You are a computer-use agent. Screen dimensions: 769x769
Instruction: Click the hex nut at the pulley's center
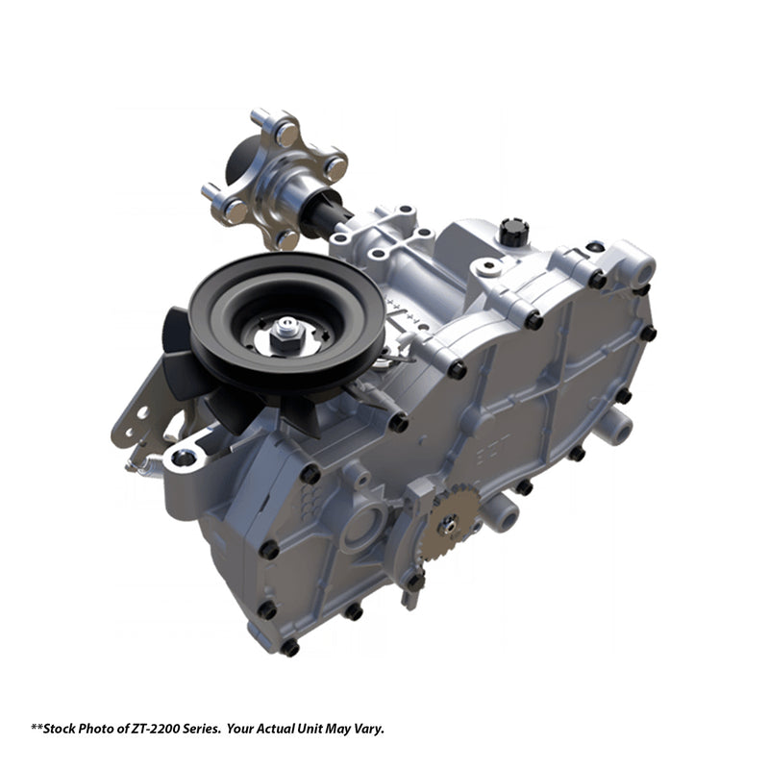click(x=285, y=333)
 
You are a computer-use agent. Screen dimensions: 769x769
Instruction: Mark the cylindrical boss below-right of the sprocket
click(x=500, y=514)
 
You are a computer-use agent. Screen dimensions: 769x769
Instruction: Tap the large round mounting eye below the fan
click(x=185, y=456)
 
